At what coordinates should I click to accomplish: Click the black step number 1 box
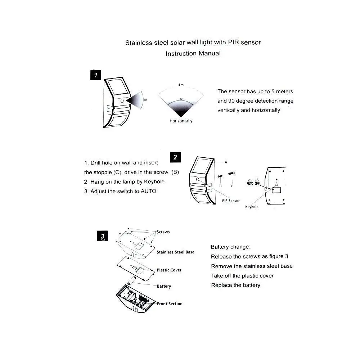pyautogui.click(x=96, y=75)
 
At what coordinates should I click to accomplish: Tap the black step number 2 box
pyautogui.click(x=175, y=157)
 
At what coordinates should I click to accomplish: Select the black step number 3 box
pyautogui.click(x=102, y=236)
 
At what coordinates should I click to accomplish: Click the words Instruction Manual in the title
pyautogui.click(x=193, y=54)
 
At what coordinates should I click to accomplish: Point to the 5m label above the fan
pyautogui.click(x=181, y=85)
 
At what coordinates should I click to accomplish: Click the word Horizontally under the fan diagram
pyautogui.click(x=181, y=121)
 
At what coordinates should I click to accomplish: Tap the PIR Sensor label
pyautogui.click(x=231, y=201)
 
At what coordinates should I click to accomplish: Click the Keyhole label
pyautogui.click(x=252, y=207)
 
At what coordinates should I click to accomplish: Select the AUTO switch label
pyautogui.click(x=250, y=184)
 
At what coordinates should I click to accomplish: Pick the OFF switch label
pyautogui.click(x=257, y=184)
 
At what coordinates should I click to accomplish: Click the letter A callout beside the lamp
pyautogui.click(x=226, y=162)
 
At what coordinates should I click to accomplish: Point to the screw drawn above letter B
pyautogui.click(x=220, y=176)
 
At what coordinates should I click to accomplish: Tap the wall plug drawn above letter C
pyautogui.click(x=231, y=174)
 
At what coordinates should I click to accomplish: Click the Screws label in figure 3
pyautogui.click(x=163, y=232)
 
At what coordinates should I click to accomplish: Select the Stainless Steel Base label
pyautogui.click(x=175, y=252)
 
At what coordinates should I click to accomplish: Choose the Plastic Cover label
pyautogui.click(x=169, y=270)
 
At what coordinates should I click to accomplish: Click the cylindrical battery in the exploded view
pyautogui.click(x=132, y=281)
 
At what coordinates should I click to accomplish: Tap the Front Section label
pyautogui.click(x=170, y=304)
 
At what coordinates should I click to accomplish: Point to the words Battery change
pyautogui.click(x=230, y=247)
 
